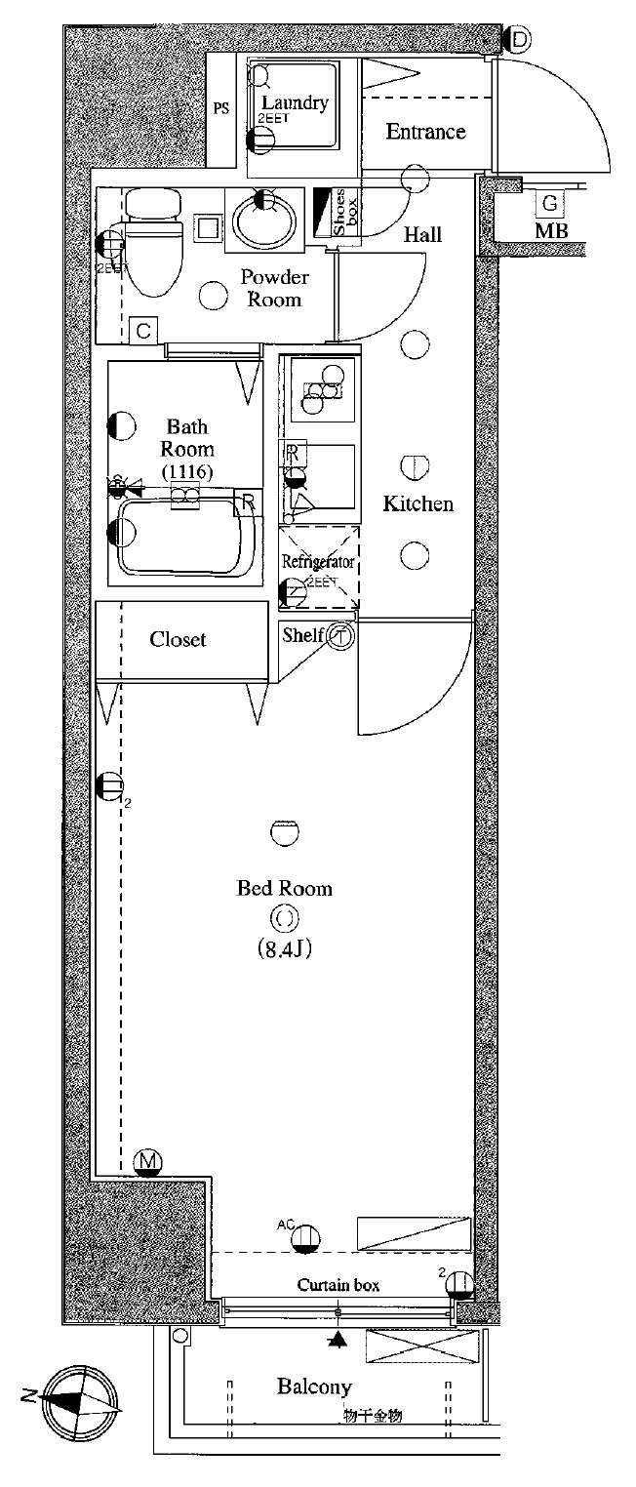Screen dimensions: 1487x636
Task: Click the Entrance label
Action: coord(425,132)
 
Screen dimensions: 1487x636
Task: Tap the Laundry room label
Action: coord(294,102)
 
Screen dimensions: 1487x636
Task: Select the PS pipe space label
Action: coord(221,108)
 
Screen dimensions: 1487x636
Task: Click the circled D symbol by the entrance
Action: coord(519,40)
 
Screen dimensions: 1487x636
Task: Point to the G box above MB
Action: coord(550,203)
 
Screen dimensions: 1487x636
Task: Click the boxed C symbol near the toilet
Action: coord(143,331)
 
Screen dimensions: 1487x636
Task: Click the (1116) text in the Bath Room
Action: coord(186,471)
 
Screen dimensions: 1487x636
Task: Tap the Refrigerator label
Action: coord(317,562)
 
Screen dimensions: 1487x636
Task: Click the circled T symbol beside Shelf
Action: coord(340,636)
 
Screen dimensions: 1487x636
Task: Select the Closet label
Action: coord(178,640)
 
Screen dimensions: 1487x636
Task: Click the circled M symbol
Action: coord(147,1161)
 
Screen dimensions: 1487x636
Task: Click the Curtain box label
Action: coord(338,1285)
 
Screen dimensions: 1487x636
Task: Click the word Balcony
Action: coord(314,1387)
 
